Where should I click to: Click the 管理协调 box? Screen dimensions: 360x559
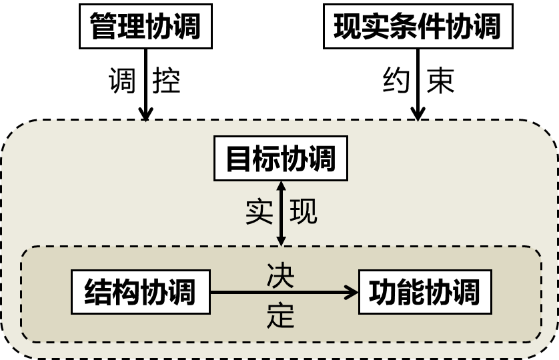point(145,27)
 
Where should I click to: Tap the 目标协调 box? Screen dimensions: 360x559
point(280,159)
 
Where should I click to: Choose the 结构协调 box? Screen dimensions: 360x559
point(140,292)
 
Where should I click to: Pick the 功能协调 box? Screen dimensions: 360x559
point(425,292)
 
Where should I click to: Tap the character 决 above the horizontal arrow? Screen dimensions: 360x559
point(280,275)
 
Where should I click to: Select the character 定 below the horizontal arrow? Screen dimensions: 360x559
point(280,315)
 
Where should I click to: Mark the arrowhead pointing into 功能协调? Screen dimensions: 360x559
point(352,292)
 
